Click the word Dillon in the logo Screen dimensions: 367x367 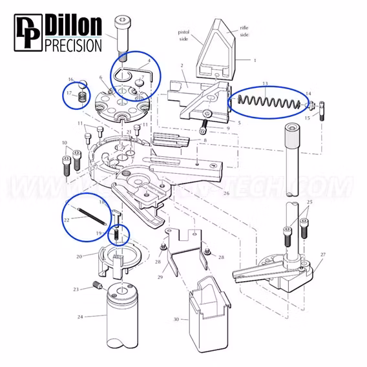click(x=73, y=26)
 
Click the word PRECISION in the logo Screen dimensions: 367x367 click(x=73, y=45)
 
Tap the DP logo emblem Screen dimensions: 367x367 click(x=26, y=35)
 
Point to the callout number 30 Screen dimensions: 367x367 click(x=176, y=319)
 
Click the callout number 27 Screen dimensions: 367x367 click(x=322, y=254)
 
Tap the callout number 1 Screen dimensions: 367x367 click(x=254, y=60)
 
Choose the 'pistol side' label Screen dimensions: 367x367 click(x=185, y=34)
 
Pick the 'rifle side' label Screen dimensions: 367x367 click(x=244, y=32)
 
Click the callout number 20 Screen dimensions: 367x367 click(x=79, y=256)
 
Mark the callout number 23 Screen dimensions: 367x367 click(x=76, y=289)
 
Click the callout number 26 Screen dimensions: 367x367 click(x=225, y=193)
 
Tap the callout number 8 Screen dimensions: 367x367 click(x=205, y=140)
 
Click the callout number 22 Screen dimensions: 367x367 click(x=67, y=220)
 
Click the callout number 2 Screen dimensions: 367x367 click(x=183, y=66)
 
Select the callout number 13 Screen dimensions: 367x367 click(x=264, y=83)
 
